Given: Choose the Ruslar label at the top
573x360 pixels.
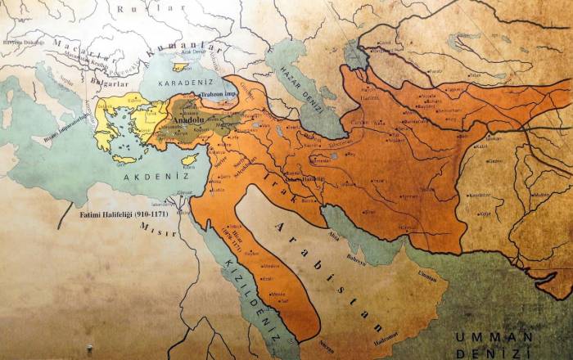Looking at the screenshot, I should click(136, 8).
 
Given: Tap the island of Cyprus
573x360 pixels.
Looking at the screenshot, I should click(189, 158).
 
